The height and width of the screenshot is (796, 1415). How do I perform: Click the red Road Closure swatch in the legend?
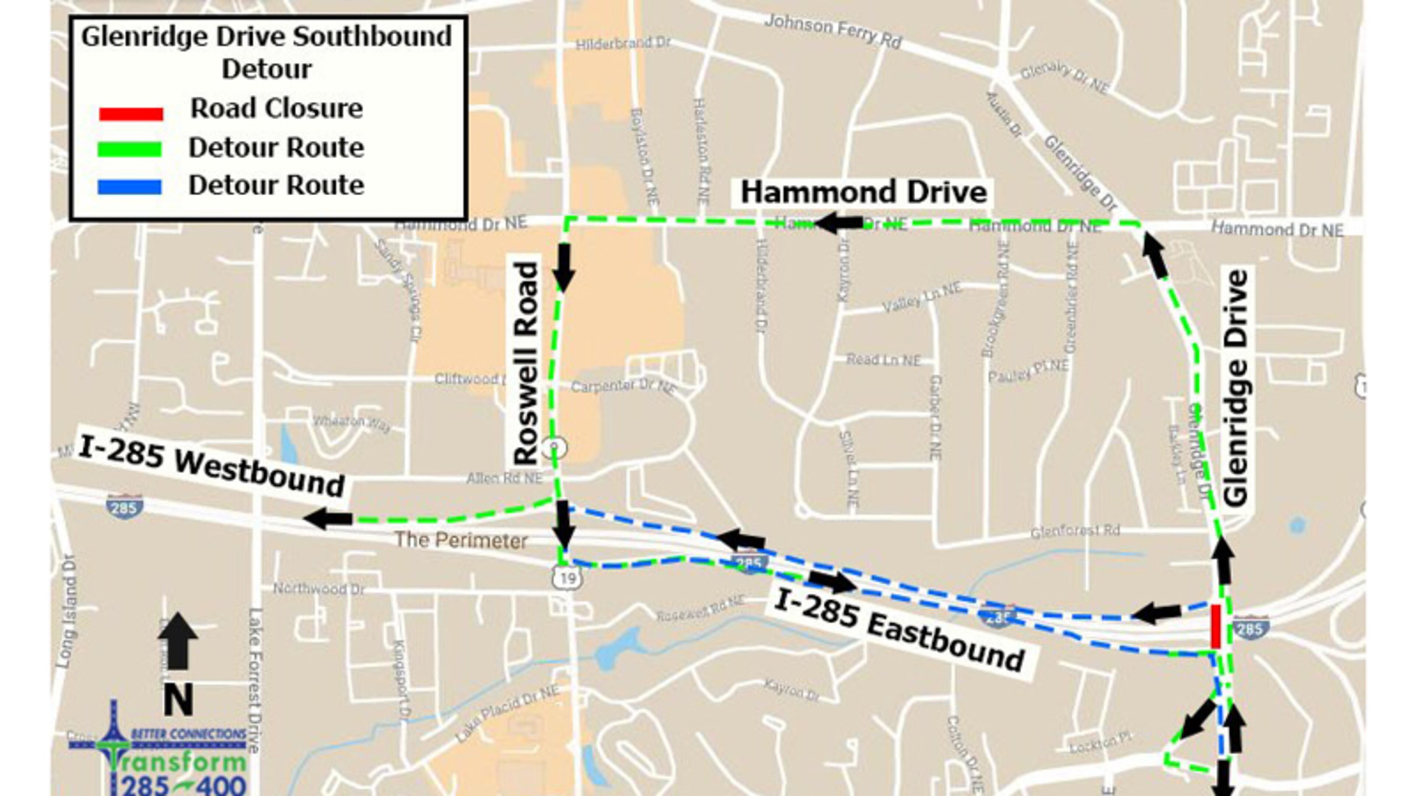pos(131,114)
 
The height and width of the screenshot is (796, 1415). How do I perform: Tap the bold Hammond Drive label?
pos(863,193)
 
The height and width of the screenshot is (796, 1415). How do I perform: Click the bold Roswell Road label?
pos(526,364)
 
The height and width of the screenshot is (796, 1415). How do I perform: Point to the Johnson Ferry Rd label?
pos(832,31)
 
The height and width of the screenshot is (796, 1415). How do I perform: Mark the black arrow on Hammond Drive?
pos(839,223)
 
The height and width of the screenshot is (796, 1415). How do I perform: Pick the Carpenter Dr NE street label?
pos(623,387)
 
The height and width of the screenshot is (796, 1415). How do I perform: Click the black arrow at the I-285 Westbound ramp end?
pos(328,518)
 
